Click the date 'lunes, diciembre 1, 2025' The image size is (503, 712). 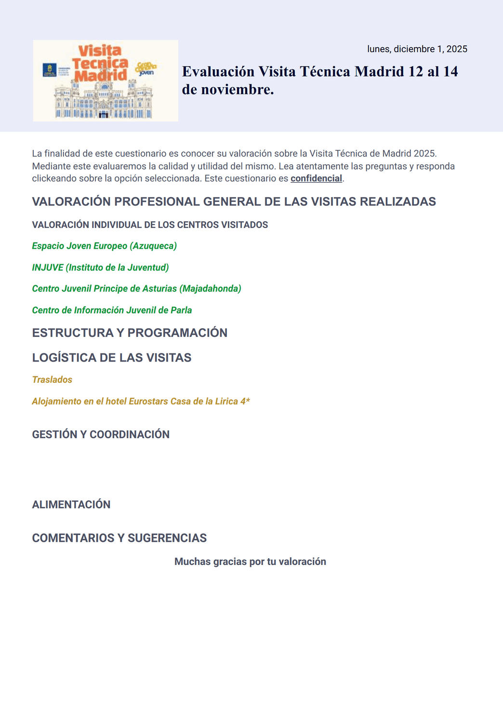417,49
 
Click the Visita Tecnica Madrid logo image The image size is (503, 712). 106,81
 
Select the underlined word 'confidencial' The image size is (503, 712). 316,178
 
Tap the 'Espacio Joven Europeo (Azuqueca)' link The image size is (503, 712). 104,246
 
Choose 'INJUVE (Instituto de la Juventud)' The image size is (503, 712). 100,268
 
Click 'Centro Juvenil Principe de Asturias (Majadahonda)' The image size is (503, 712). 136,289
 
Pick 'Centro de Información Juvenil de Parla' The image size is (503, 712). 112,310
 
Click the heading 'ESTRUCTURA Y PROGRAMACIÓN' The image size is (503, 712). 130,333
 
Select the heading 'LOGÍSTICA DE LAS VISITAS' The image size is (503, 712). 112,358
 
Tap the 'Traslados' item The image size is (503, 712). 52,380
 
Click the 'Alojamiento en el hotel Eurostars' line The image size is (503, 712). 141,402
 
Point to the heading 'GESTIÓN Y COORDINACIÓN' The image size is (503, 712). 101,434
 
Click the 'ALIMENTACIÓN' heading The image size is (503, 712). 71,505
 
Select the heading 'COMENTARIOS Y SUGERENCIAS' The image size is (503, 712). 119,538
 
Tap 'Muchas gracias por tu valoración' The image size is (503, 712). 250,562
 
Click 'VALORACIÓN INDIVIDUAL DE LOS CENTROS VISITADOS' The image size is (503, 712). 150,225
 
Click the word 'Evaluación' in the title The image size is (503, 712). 218,72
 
